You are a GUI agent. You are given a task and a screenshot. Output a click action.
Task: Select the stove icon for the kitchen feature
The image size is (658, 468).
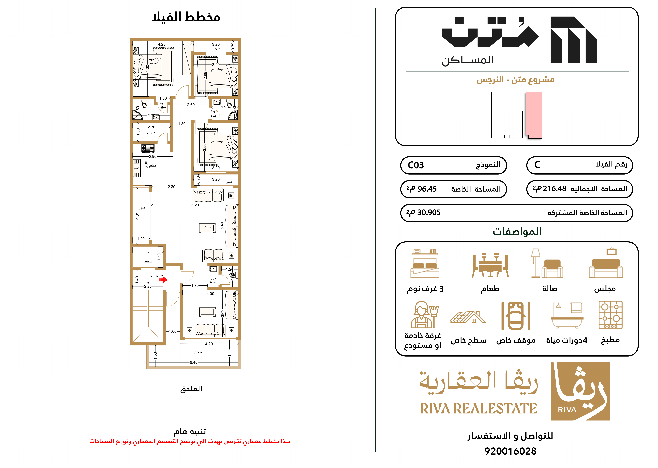coord(610,315)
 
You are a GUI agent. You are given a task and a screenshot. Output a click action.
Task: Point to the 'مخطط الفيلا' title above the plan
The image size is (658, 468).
coord(186,17)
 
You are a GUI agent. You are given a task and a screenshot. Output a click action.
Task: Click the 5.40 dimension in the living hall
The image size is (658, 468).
coord(222,226)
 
